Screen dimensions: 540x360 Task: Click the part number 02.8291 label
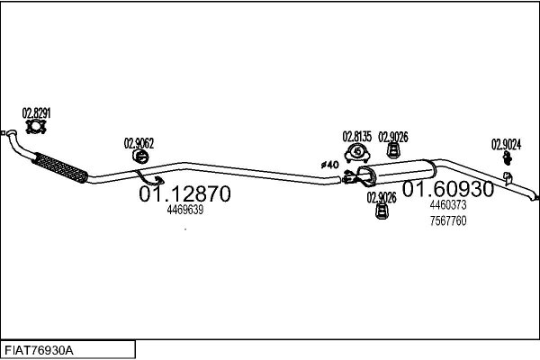pyautogui.click(x=36, y=113)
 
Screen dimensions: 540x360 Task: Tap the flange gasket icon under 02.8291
pyautogui.click(x=36, y=126)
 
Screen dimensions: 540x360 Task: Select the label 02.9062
pyautogui.click(x=139, y=143)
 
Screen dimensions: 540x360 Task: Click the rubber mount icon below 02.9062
pyautogui.click(x=140, y=157)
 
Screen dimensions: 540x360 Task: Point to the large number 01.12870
pyautogui.click(x=184, y=193)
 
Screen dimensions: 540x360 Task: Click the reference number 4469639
pyautogui.click(x=184, y=210)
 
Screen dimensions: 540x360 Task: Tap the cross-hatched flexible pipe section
pyautogui.click(x=60, y=167)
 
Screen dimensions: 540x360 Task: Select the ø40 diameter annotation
pyautogui.click(x=330, y=165)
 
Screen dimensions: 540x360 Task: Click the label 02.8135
pyautogui.click(x=357, y=137)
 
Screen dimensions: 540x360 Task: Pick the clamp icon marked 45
pyautogui.click(x=357, y=153)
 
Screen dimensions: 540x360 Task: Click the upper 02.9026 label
pyautogui.click(x=393, y=137)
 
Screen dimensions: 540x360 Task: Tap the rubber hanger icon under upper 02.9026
pyautogui.click(x=392, y=151)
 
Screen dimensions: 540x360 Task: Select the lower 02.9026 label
pyautogui.click(x=382, y=198)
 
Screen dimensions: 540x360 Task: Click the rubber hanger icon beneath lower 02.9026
pyautogui.click(x=382, y=211)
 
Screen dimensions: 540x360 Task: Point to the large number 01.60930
pyautogui.click(x=448, y=189)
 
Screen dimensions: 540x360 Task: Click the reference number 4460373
pyautogui.click(x=448, y=205)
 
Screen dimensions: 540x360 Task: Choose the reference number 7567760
pyautogui.click(x=448, y=220)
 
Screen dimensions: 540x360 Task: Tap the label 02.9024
pyautogui.click(x=506, y=145)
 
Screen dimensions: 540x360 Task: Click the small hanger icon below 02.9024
pyautogui.click(x=507, y=157)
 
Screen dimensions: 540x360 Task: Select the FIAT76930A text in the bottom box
pyautogui.click(x=39, y=351)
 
